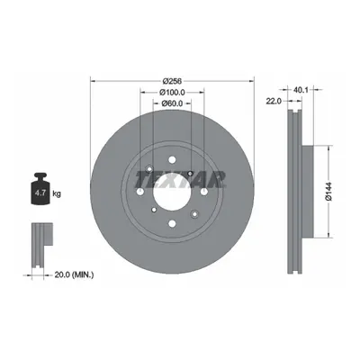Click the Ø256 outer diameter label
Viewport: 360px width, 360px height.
172,81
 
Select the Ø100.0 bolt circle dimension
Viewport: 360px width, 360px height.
172,92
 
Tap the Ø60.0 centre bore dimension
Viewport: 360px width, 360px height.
172,103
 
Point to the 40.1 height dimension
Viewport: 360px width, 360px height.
301,89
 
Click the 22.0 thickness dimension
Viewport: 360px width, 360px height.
274,102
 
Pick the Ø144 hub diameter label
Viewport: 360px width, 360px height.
329,192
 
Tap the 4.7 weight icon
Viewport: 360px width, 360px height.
40,189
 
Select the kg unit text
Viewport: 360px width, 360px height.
57,193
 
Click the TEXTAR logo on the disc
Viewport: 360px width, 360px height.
180,179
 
